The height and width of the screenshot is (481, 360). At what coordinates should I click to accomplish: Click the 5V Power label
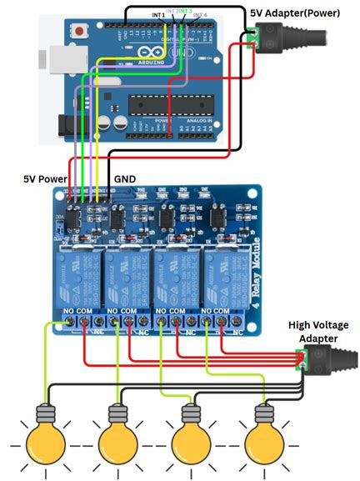(45, 179)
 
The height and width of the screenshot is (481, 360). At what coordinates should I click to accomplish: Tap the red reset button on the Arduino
(81, 33)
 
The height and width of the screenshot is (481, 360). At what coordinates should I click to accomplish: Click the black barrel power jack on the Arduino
(70, 126)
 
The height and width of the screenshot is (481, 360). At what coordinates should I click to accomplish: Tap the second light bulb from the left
(117, 438)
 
